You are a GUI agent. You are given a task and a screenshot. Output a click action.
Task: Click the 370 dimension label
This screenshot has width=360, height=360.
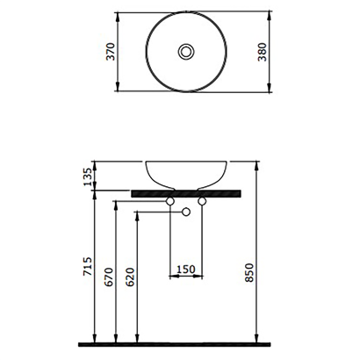click(111, 52)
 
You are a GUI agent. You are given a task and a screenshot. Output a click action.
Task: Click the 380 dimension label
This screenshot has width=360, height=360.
click(263, 52)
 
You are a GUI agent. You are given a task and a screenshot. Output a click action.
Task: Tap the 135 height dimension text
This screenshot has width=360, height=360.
click(88, 176)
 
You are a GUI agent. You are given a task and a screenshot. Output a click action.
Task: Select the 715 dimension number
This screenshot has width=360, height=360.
click(88, 266)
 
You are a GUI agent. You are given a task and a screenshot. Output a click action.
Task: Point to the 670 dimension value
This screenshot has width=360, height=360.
click(109, 277)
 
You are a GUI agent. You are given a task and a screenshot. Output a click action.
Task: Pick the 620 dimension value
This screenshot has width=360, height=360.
click(130, 277)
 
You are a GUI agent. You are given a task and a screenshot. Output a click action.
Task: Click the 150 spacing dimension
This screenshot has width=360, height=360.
click(186, 269)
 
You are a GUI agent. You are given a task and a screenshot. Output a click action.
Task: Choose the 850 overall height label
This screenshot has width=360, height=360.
click(249, 272)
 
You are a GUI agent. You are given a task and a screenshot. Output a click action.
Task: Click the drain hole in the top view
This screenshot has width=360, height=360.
click(186, 52)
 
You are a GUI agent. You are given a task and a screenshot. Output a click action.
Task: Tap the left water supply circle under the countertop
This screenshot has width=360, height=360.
click(170, 201)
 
